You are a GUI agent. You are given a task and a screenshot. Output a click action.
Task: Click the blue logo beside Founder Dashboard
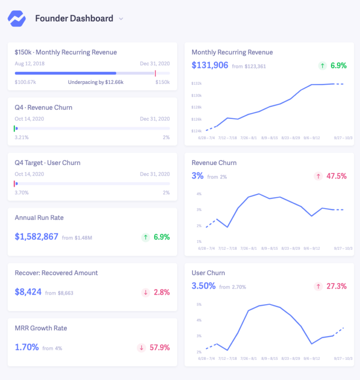[17, 19]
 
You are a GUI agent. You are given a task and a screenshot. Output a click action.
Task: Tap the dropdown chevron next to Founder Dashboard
[121, 19]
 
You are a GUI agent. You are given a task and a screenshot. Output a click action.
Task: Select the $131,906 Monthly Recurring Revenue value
[210, 66]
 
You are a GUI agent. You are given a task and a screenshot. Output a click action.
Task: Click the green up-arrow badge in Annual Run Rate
[146, 238]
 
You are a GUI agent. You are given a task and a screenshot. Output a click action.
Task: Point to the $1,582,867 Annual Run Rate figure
[37, 237]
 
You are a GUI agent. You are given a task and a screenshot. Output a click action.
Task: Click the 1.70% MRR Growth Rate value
[26, 348]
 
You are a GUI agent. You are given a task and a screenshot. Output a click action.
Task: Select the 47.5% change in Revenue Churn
[337, 176]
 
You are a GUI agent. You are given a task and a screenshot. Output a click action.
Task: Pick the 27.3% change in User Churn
[337, 286]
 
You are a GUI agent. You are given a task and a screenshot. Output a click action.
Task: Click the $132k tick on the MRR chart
[196, 83]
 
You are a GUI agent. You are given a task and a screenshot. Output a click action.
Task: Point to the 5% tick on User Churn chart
[199, 305]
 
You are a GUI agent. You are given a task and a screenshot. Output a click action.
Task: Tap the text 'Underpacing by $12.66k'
[96, 82]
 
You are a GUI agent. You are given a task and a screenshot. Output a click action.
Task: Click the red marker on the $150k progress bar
[155, 73]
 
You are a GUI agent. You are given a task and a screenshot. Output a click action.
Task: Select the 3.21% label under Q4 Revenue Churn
[22, 137]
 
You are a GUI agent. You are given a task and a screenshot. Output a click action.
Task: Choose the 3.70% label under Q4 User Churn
[22, 193]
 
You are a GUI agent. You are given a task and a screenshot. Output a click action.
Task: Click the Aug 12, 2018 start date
[29, 64]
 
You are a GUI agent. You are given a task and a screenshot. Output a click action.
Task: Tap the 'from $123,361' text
[248, 67]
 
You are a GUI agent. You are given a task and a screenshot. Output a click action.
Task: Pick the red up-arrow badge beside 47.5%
[319, 176]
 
